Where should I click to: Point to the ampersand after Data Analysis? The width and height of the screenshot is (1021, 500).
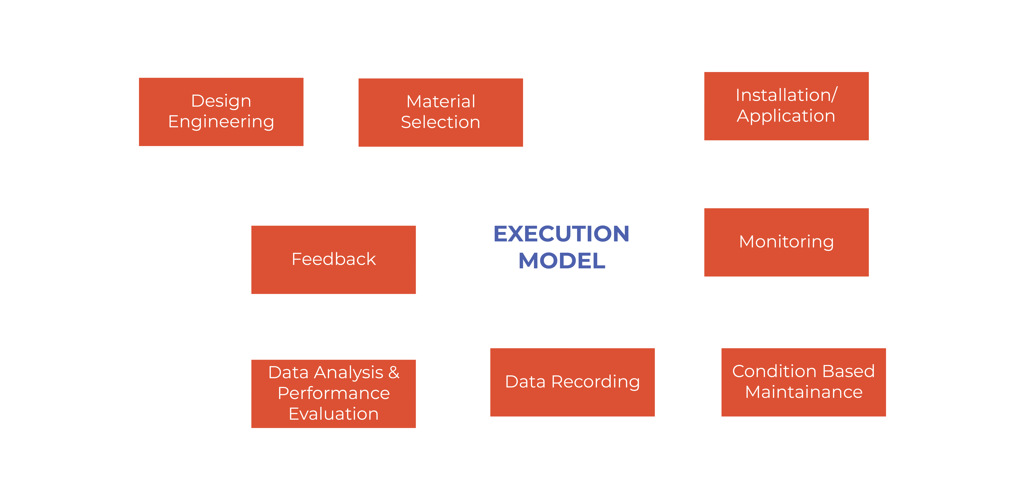(394, 372)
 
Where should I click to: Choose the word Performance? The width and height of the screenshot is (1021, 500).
(333, 393)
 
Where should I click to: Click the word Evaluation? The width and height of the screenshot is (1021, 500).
(333, 414)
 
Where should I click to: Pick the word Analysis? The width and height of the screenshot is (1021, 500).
(349, 372)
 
